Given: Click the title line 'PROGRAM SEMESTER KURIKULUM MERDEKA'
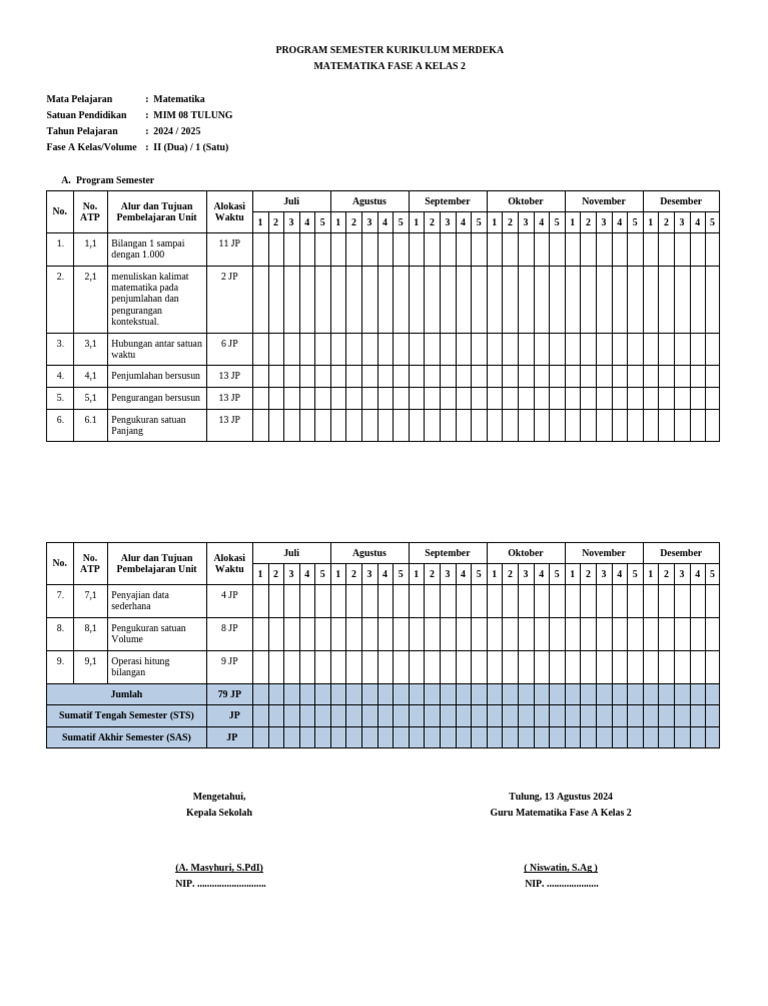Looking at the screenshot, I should coord(389,50).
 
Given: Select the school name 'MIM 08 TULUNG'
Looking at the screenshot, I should coord(193,115).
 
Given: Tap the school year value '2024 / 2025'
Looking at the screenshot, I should coord(177,131).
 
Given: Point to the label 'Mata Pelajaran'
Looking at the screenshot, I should coord(79,99).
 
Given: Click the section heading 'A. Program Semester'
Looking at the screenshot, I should coord(108,180).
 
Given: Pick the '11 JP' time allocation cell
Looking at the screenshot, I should coord(229,243).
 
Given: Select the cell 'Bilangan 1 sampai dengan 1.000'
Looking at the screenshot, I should coord(156,249).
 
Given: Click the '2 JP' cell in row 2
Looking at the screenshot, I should coord(229,276).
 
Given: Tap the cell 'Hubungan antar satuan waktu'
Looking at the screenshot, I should coord(156,349).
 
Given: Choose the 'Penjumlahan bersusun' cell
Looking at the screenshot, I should coord(156,376).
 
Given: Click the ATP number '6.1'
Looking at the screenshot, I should coord(90,420).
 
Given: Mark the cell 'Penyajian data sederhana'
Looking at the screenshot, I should coord(156,600).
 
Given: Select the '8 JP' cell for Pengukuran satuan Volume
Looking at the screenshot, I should coord(229,628).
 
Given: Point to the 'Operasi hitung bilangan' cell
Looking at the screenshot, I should coord(156,667).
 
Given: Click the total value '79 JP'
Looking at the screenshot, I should coord(229,694).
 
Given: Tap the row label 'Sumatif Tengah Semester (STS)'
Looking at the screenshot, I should coord(127,715).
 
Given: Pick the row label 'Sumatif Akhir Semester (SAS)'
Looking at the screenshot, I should coord(127,737).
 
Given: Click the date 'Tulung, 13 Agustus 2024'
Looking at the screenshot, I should coord(560,797).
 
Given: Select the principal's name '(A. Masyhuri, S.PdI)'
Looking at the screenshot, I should coord(219,868).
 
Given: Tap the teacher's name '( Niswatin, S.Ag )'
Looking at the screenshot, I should coord(560,868).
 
